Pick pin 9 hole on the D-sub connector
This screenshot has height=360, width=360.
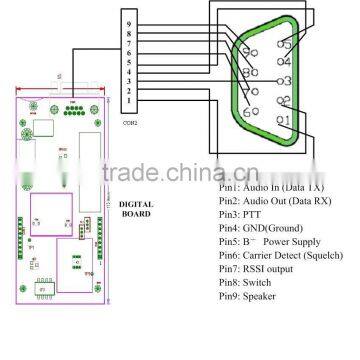pos(251,54)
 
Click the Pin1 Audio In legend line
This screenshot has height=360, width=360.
pos(266,187)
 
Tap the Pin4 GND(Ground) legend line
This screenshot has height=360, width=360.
pos(256,228)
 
